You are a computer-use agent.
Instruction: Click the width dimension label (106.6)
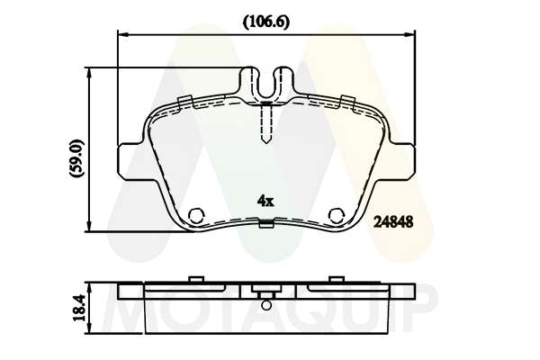click(266, 22)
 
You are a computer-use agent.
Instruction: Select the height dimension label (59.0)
click(76, 158)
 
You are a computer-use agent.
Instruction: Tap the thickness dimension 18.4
click(79, 308)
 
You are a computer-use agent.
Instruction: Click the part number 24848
click(393, 222)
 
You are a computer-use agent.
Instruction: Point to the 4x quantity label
click(265, 201)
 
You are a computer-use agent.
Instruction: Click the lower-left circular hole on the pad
click(197, 216)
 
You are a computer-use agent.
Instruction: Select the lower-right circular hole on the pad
click(337, 216)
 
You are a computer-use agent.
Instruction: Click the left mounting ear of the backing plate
click(130, 161)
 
